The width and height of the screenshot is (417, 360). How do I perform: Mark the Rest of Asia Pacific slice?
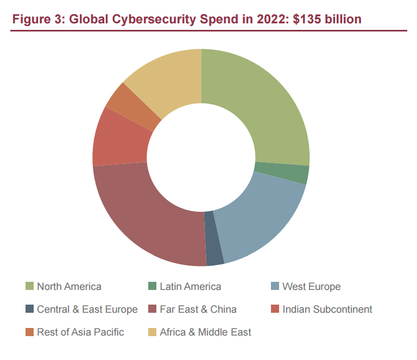(x=134, y=106)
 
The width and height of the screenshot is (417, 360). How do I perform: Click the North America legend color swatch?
(x=29, y=286)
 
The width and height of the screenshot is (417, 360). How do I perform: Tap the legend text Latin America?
(x=191, y=286)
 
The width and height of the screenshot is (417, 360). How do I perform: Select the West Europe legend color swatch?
(x=275, y=286)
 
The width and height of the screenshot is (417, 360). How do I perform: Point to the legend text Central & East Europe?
(x=87, y=309)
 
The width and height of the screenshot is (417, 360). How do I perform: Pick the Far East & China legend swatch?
(x=152, y=309)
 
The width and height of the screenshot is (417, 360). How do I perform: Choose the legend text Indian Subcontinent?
(x=327, y=309)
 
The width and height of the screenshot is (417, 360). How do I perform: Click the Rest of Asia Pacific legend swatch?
(x=29, y=332)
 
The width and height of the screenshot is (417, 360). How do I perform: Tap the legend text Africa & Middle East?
(x=205, y=332)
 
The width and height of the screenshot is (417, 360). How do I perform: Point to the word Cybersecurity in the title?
(x=154, y=20)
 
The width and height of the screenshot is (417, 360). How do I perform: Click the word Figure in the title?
(x=31, y=20)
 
